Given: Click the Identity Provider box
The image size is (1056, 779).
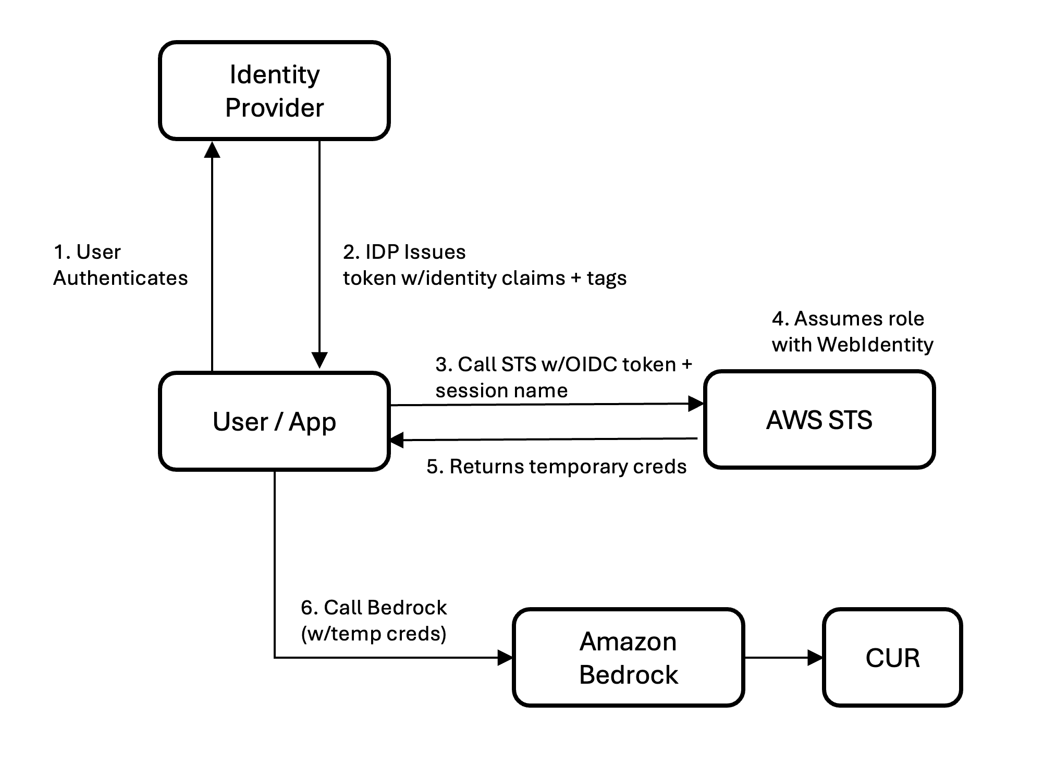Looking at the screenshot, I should click(x=274, y=91).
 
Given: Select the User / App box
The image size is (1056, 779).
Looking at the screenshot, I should click(x=274, y=421).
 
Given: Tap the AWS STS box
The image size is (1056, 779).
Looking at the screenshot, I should click(x=819, y=420).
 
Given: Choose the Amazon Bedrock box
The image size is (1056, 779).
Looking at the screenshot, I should click(x=628, y=658).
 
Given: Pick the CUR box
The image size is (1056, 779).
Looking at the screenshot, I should click(x=892, y=658).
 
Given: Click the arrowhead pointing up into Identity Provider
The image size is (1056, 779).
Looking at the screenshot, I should click(x=212, y=149).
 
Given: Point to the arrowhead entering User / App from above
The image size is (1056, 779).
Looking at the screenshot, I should click(x=319, y=360).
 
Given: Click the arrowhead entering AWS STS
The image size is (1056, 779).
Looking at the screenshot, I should click(x=696, y=404).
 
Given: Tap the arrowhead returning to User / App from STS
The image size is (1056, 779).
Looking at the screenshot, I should click(x=397, y=440).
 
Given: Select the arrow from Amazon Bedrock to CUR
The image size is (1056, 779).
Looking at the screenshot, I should click(x=782, y=658).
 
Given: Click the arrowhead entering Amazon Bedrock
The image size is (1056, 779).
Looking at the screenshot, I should click(x=505, y=658).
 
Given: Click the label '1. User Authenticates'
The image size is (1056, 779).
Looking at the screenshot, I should click(x=120, y=265).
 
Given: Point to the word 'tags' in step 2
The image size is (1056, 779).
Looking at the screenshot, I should click(x=607, y=279).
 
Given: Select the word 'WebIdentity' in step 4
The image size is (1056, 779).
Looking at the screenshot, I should click(x=875, y=345).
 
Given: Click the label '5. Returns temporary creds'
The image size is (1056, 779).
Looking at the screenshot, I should click(x=556, y=467).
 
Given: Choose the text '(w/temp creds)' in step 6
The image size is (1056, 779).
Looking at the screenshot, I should click(x=374, y=634).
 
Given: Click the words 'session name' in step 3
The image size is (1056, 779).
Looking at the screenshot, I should click(x=501, y=391).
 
